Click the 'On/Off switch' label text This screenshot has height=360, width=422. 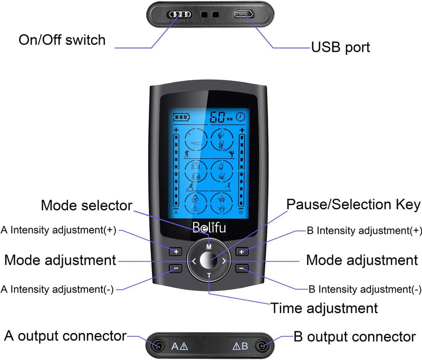[x=62, y=40]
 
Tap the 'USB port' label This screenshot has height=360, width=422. [x=340, y=47]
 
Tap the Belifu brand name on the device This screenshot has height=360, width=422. [x=208, y=228]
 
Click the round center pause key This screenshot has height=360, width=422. [x=208, y=261]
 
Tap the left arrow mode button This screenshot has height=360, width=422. [x=194, y=261]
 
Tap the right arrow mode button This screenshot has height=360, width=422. [x=224, y=261]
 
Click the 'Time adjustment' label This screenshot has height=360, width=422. [x=324, y=308]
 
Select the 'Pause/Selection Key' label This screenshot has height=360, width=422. [x=353, y=204]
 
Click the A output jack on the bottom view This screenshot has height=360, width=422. [x=158, y=346]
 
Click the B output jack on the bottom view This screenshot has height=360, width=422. [x=262, y=346]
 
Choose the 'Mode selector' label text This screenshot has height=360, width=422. [x=87, y=205]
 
